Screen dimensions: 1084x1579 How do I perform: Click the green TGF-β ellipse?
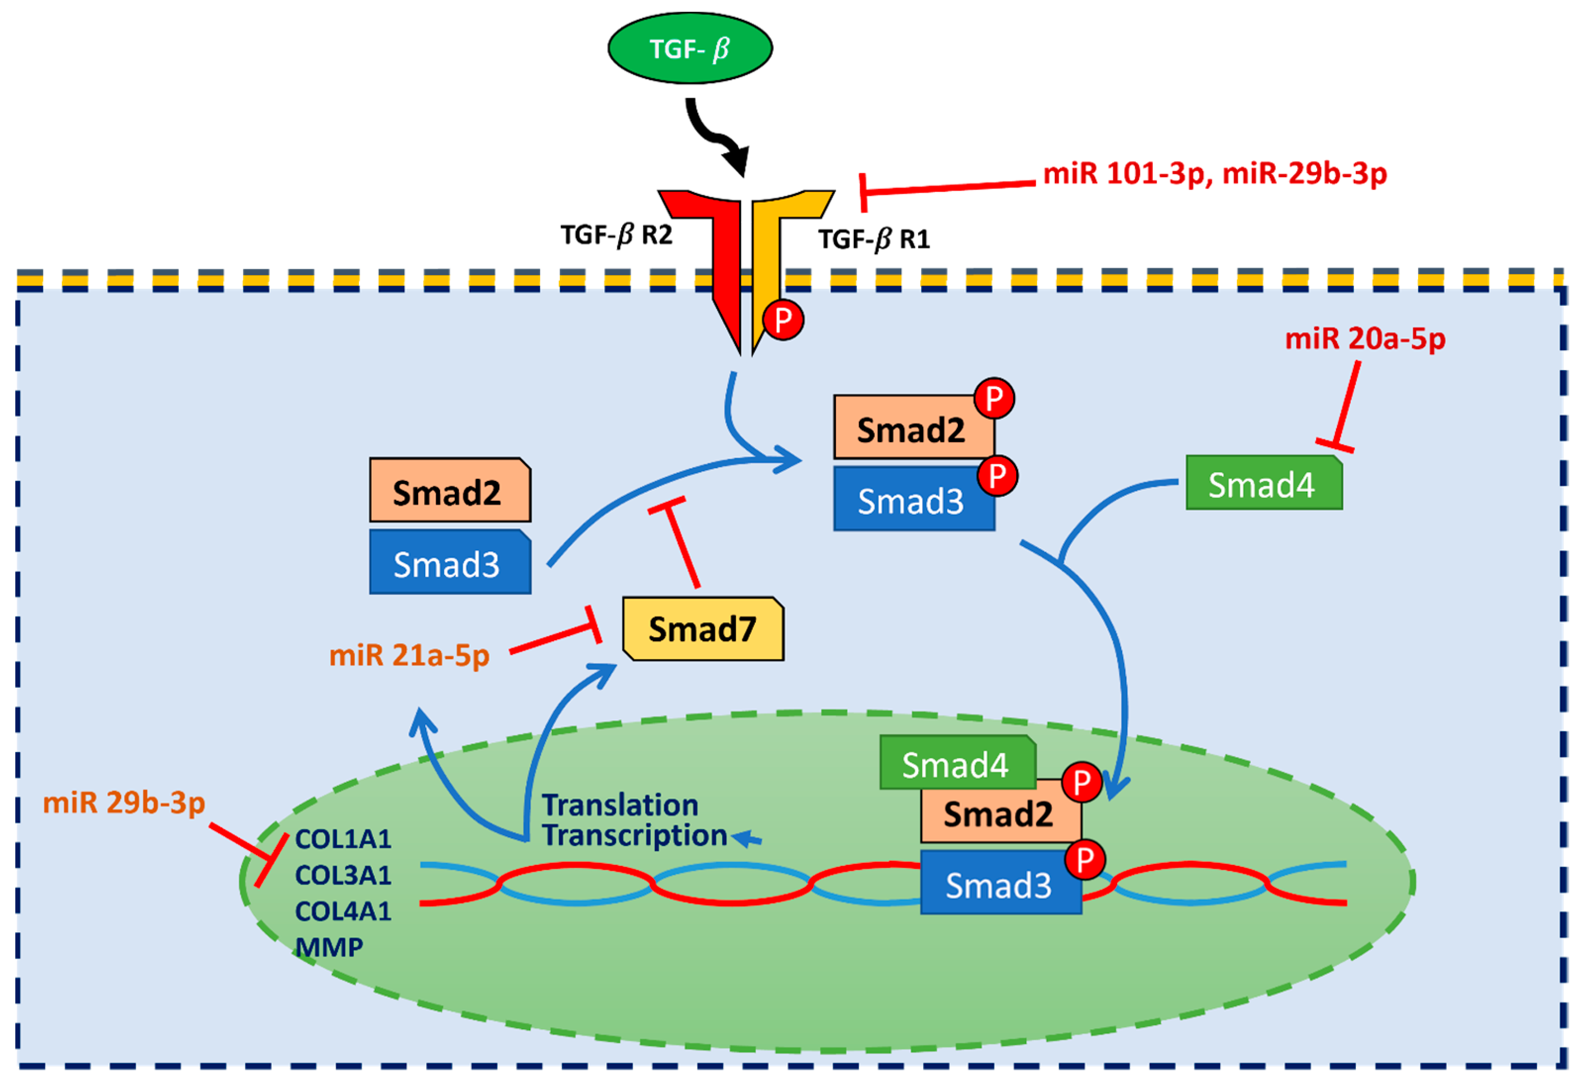690,48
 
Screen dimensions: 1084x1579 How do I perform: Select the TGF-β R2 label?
616,235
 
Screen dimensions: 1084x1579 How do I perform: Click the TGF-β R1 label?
874,239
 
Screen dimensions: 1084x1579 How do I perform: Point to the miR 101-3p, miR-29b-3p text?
1214,174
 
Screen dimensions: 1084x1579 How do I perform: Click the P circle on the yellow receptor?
783,320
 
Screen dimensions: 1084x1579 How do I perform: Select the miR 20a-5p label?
1364,338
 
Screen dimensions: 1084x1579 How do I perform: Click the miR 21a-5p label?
409,656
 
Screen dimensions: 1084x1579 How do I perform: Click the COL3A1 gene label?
343,876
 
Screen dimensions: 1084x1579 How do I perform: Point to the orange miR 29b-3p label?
124,803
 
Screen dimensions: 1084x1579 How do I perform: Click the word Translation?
620,805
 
